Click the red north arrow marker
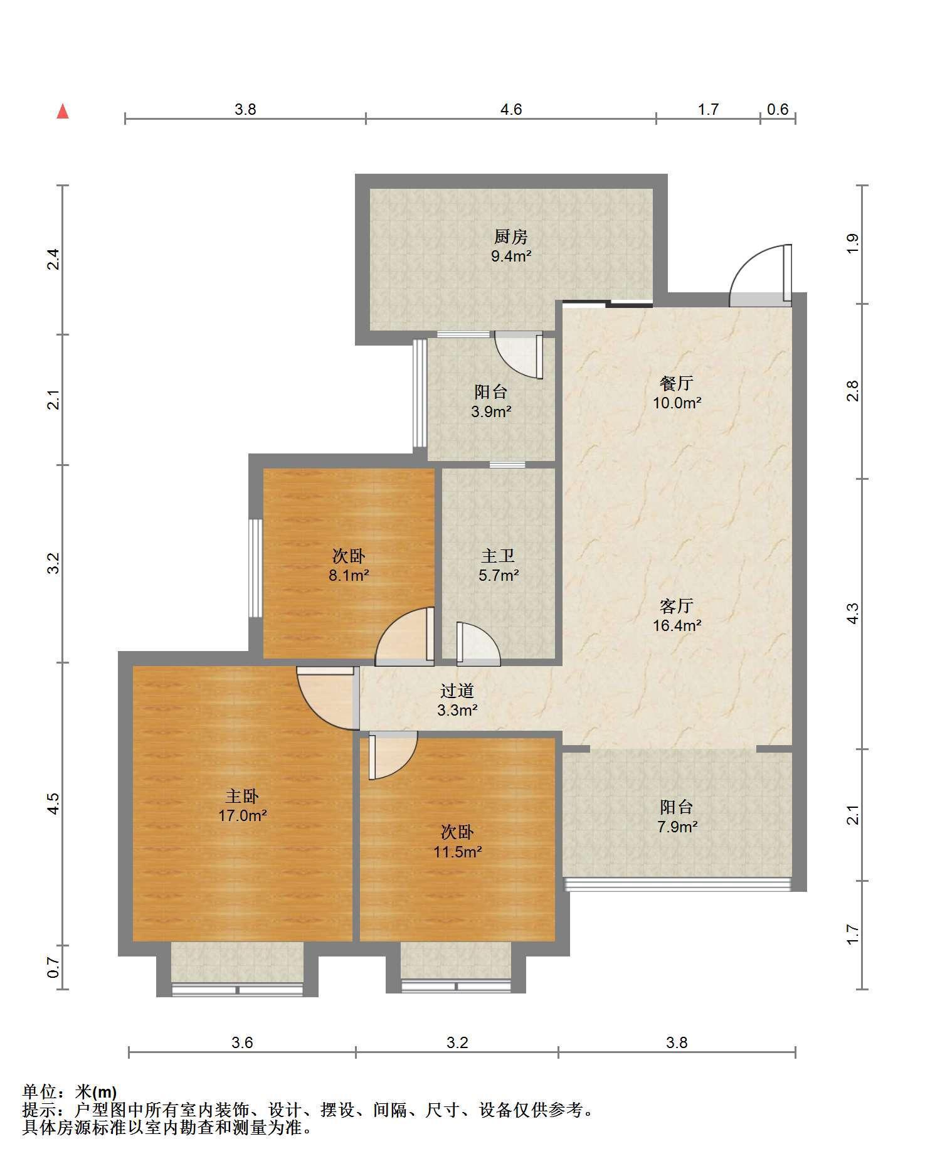click(x=63, y=112)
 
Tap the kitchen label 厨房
click(x=511, y=236)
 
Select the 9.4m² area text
click(x=511, y=256)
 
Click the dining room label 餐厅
click(x=676, y=383)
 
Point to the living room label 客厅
click(x=676, y=606)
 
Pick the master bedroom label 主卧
click(x=242, y=797)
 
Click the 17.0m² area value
click(x=242, y=816)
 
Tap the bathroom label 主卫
click(x=498, y=556)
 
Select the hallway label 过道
click(x=457, y=691)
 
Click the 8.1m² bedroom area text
click(x=349, y=575)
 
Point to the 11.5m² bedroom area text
click(x=457, y=852)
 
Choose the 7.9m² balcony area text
click(x=677, y=827)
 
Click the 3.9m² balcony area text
click(x=491, y=412)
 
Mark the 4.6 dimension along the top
click(x=511, y=109)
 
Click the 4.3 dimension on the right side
click(x=852, y=613)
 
